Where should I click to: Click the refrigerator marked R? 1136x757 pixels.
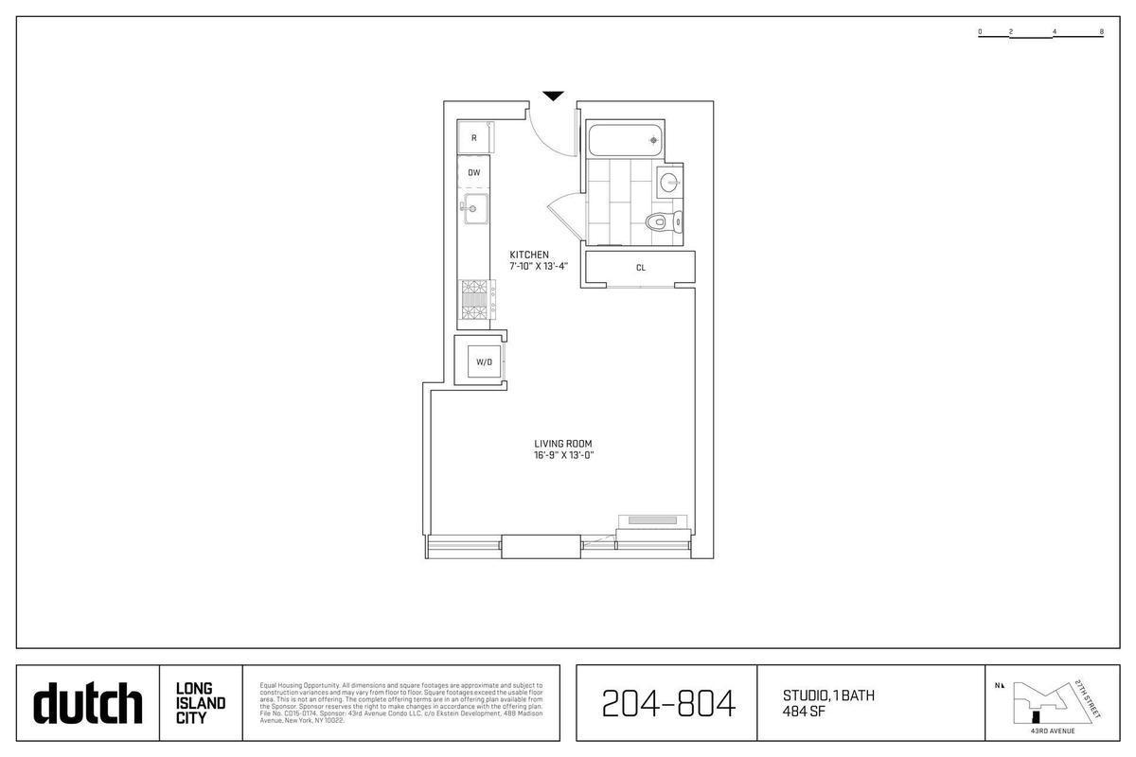click(x=474, y=138)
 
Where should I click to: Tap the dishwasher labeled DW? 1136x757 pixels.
click(x=474, y=172)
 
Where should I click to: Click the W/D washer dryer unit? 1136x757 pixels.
click(x=484, y=361)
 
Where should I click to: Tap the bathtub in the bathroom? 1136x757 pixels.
click(x=624, y=140)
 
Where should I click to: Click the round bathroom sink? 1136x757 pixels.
click(x=670, y=183)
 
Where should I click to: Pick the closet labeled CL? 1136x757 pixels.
click(x=641, y=268)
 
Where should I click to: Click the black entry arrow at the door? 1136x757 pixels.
click(x=553, y=96)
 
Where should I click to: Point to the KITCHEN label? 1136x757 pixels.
click(x=529, y=255)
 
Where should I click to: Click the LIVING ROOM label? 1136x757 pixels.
click(x=563, y=444)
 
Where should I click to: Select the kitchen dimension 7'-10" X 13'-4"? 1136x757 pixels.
click(x=539, y=266)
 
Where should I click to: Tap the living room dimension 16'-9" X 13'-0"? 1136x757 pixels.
click(x=563, y=456)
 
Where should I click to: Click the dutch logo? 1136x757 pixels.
click(x=87, y=703)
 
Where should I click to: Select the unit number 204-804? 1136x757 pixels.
click(x=668, y=703)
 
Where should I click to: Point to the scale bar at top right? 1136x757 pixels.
click(x=1041, y=32)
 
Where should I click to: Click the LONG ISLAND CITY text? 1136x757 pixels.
click(x=200, y=703)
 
